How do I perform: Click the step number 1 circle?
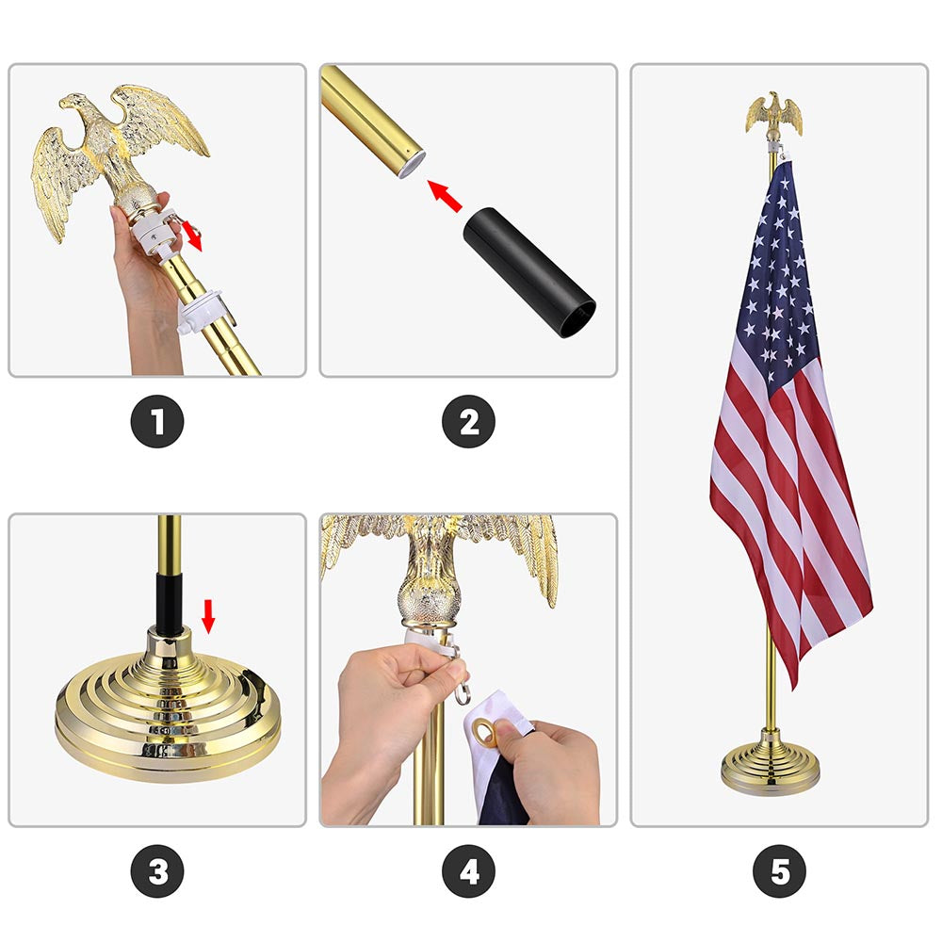coord(157,421)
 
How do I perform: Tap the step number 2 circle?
coord(468,421)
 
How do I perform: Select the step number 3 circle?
coord(157,871)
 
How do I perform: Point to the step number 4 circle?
coord(468,871)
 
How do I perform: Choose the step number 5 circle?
coord(779,871)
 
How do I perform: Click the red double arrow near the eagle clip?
coord(191,234)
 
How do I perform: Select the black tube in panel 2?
coord(528,272)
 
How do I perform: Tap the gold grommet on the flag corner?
coord(486,733)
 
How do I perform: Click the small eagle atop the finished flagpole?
coord(774,115)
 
